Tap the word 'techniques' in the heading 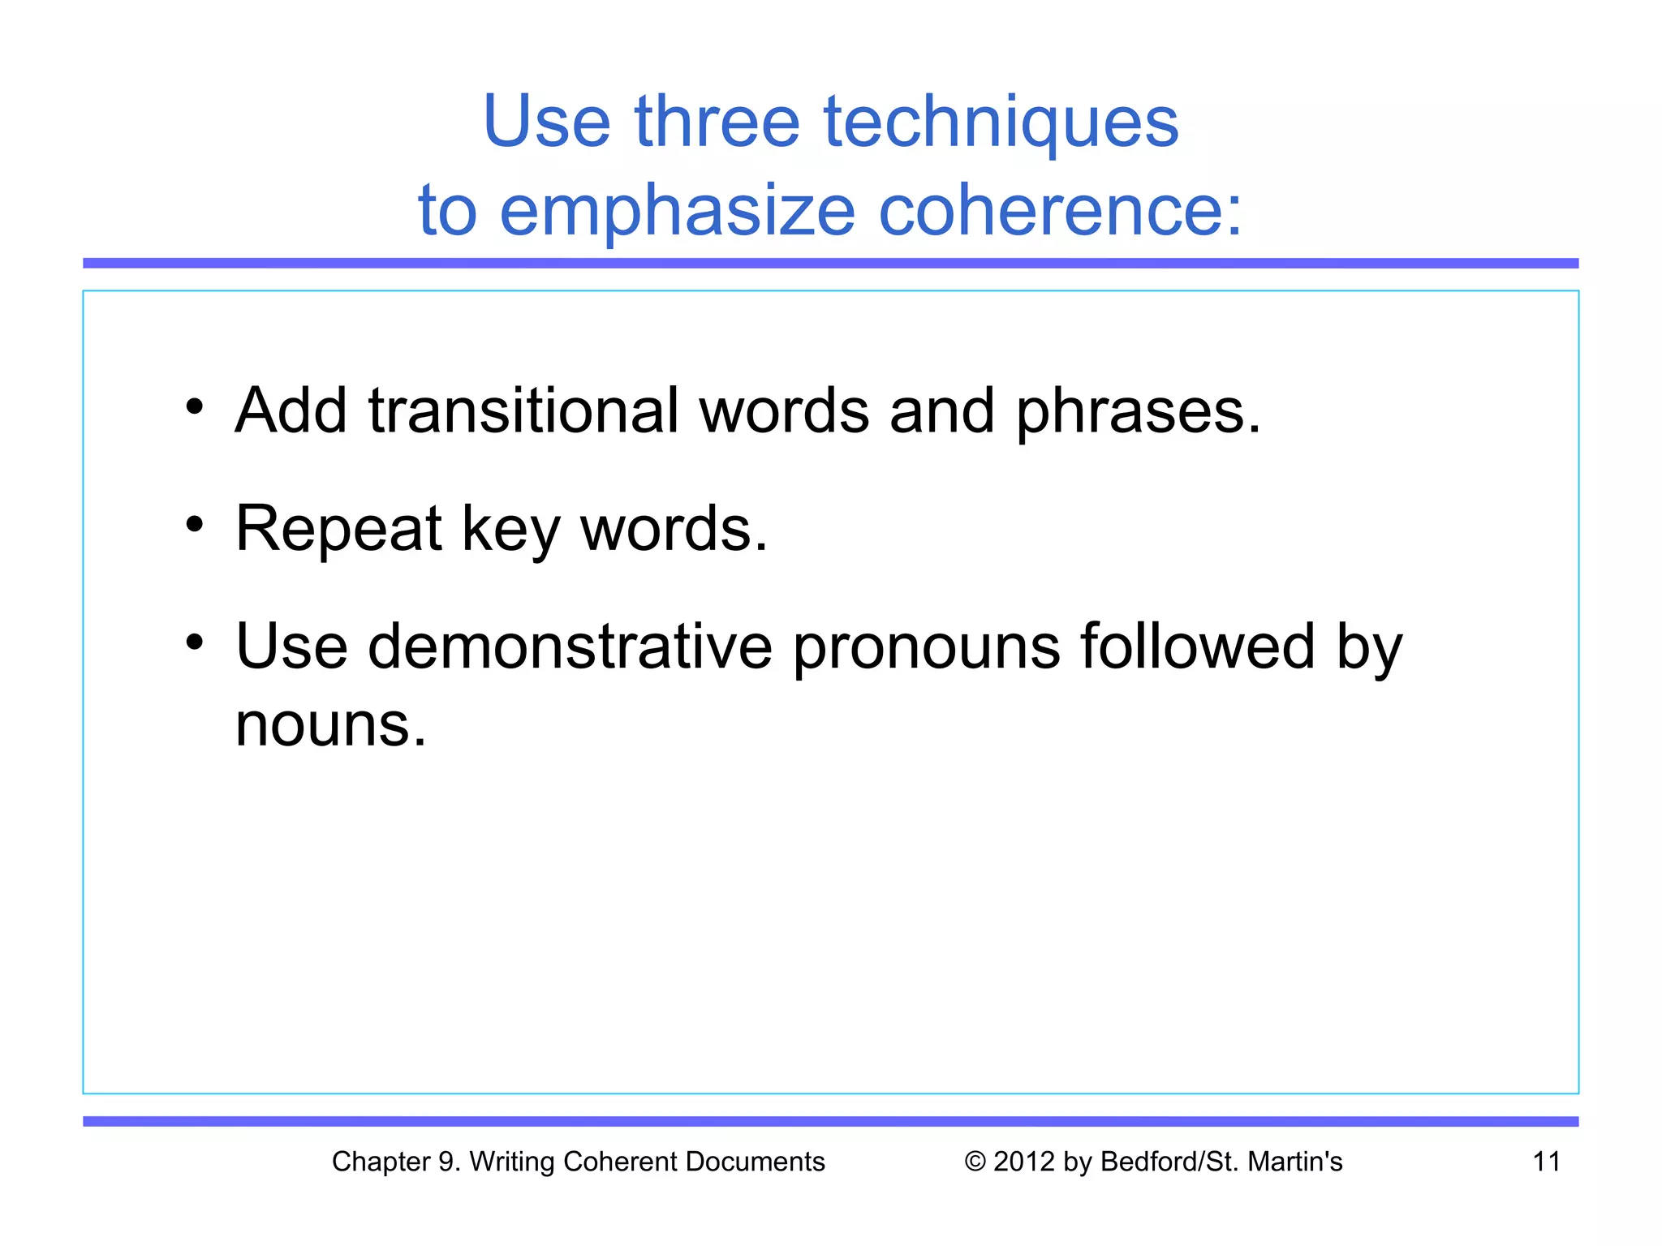click(x=1001, y=123)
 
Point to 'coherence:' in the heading click(x=1061, y=211)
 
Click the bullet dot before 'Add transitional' click(x=194, y=406)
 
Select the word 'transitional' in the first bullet click(x=523, y=410)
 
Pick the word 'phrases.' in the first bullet click(x=1138, y=412)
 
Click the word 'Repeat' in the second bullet click(x=338, y=530)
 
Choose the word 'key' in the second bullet click(x=510, y=530)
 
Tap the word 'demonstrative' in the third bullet click(x=570, y=647)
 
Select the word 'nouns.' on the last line click(x=330, y=724)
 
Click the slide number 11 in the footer click(x=1546, y=1162)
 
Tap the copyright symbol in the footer click(x=975, y=1162)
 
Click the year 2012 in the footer click(x=1024, y=1162)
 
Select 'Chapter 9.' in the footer click(x=396, y=1162)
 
